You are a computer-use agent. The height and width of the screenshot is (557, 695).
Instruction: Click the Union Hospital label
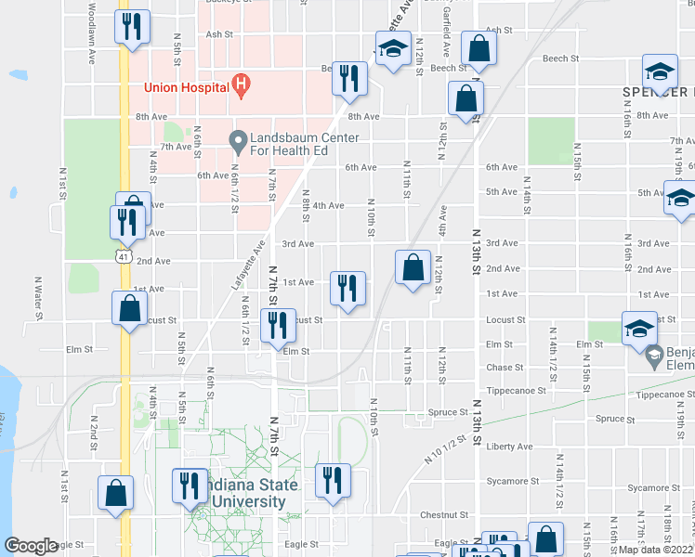186,88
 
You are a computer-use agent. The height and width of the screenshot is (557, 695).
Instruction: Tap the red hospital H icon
242,86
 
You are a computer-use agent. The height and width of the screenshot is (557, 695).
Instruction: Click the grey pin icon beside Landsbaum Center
239,142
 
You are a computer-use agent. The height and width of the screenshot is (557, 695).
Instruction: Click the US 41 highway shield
123,253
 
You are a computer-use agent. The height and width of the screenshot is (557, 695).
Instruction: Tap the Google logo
32,547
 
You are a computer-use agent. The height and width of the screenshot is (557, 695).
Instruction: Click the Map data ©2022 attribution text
656,550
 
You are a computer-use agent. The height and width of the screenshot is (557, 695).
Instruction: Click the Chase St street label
505,368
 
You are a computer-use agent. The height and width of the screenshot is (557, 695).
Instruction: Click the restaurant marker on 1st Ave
348,288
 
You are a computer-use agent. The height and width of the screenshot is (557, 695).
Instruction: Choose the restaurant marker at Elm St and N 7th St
278,326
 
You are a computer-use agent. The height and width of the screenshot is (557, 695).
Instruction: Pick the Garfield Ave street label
446,37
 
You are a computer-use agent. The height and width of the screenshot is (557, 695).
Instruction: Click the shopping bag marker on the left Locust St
130,309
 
